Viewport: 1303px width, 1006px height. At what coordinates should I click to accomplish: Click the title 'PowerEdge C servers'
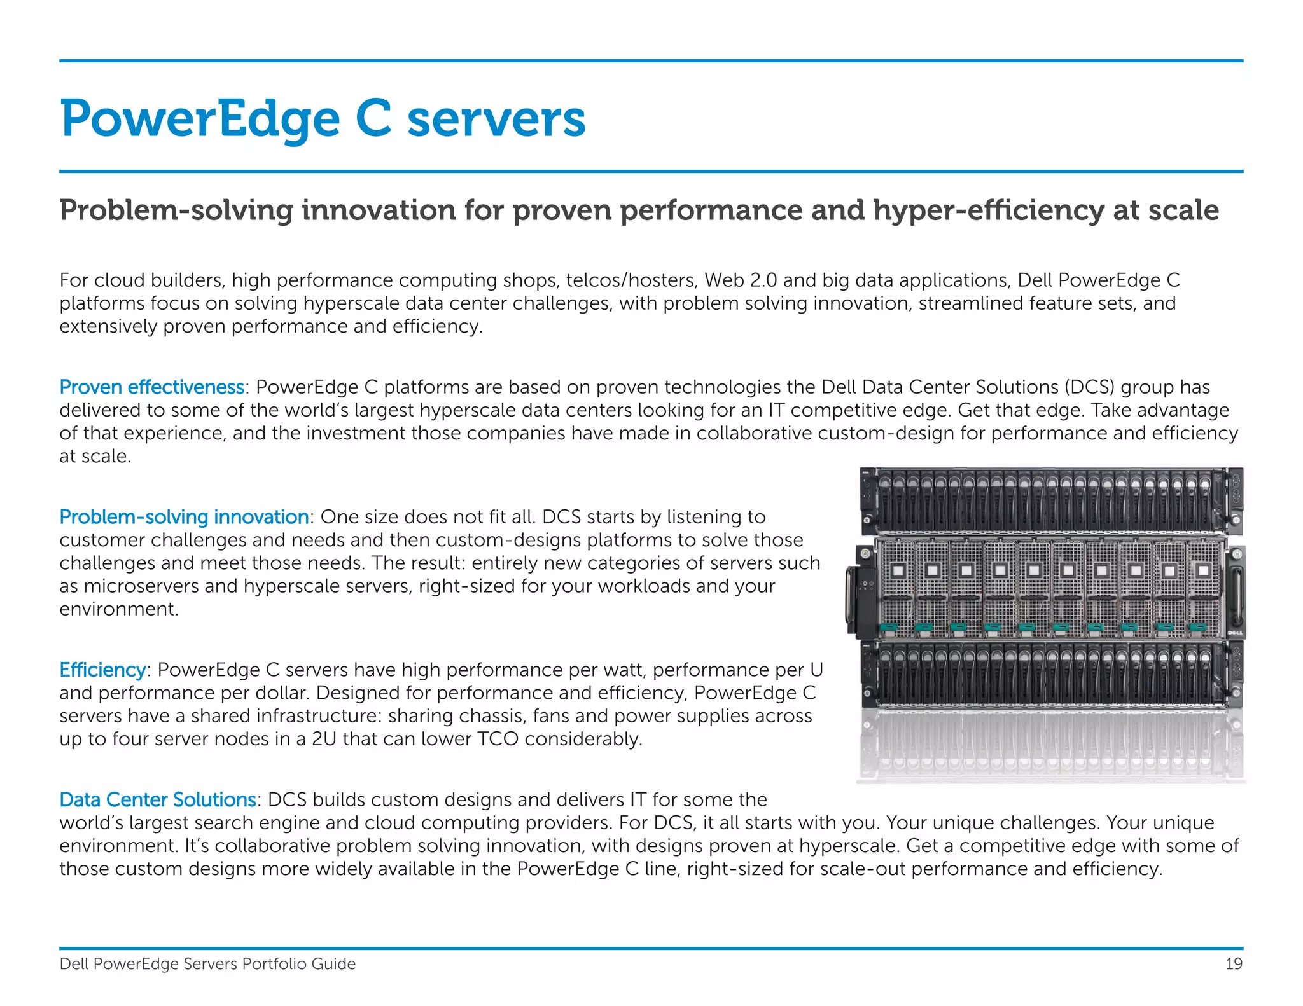click(x=323, y=119)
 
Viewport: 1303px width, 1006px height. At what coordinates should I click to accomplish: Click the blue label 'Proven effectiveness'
click(x=151, y=387)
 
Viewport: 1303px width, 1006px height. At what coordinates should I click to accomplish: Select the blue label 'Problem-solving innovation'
click(x=184, y=517)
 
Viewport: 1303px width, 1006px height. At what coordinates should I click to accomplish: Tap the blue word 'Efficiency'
click(x=102, y=670)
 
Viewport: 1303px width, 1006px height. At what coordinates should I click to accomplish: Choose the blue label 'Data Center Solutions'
click(x=158, y=799)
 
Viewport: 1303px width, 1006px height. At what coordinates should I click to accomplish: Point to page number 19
click(x=1234, y=964)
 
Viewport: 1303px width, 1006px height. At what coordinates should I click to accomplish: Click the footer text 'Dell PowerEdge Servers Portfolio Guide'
click(x=207, y=964)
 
